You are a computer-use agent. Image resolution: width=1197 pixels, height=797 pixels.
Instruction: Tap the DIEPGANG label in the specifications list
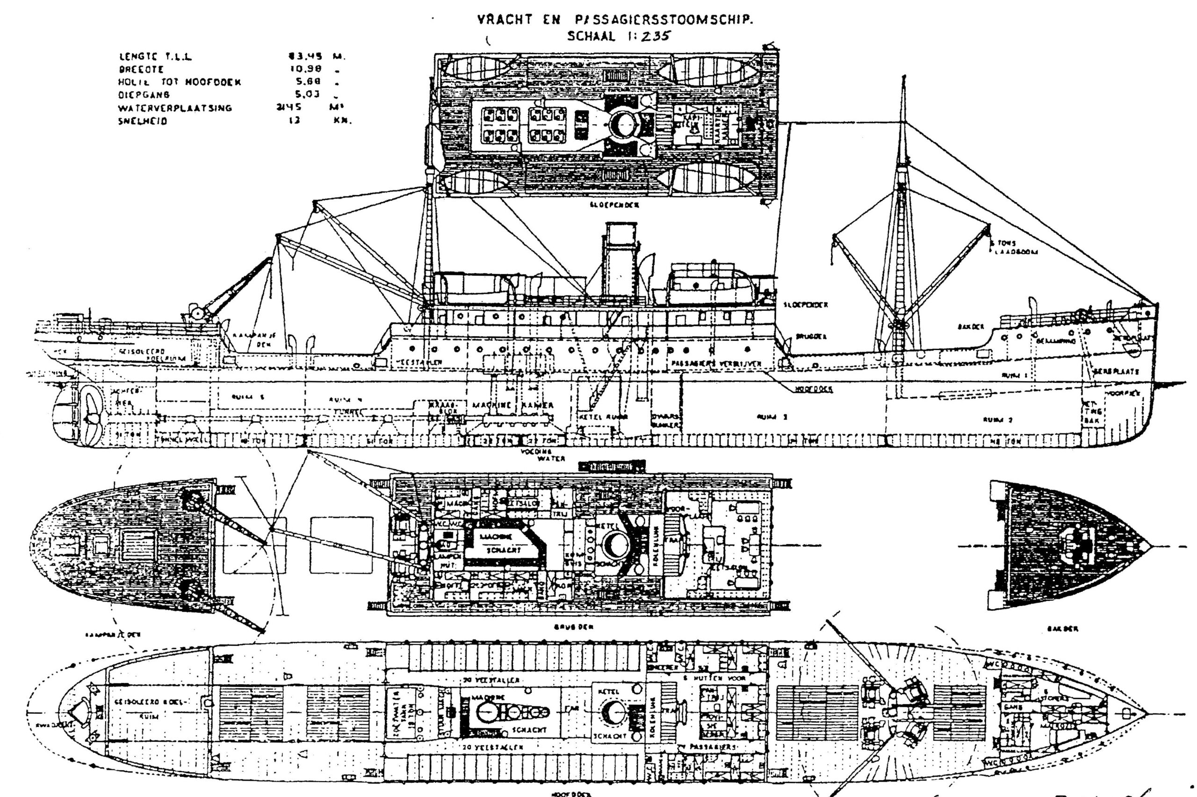pos(144,94)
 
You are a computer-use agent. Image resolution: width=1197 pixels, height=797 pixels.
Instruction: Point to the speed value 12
pos(294,122)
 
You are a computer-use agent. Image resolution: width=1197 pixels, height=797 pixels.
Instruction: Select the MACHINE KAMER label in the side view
pos(512,406)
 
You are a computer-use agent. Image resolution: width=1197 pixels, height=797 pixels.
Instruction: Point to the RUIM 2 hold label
pos(991,420)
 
